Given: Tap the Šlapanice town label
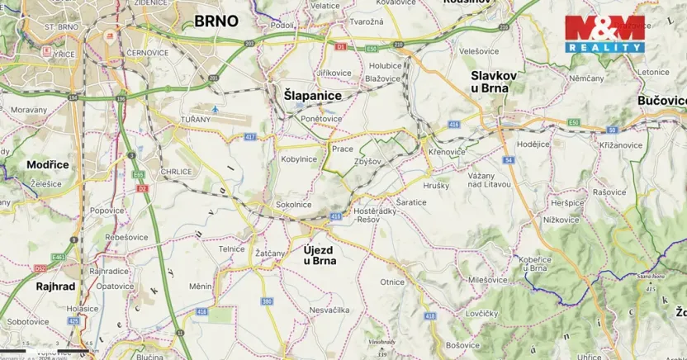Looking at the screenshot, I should pyautogui.click(x=312, y=96).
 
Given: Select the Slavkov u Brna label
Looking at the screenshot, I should pyautogui.click(x=493, y=81).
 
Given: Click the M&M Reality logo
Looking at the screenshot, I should pyautogui.click(x=604, y=34).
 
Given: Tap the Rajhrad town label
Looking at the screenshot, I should pyautogui.click(x=55, y=287).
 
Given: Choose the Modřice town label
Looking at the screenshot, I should pyautogui.click(x=47, y=164).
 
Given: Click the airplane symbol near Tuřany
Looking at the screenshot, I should pyautogui.click(x=216, y=109).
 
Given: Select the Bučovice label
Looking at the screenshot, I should pyautogui.click(x=661, y=100).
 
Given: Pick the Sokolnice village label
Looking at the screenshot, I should pyautogui.click(x=293, y=204).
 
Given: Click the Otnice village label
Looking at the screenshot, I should pyautogui.click(x=392, y=282).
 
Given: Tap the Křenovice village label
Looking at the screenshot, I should pyautogui.click(x=447, y=153).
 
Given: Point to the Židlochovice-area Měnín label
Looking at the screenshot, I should pyautogui.click(x=201, y=286).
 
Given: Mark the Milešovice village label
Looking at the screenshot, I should pyautogui.click(x=486, y=280).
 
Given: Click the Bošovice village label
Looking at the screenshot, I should pyautogui.click(x=462, y=344).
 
